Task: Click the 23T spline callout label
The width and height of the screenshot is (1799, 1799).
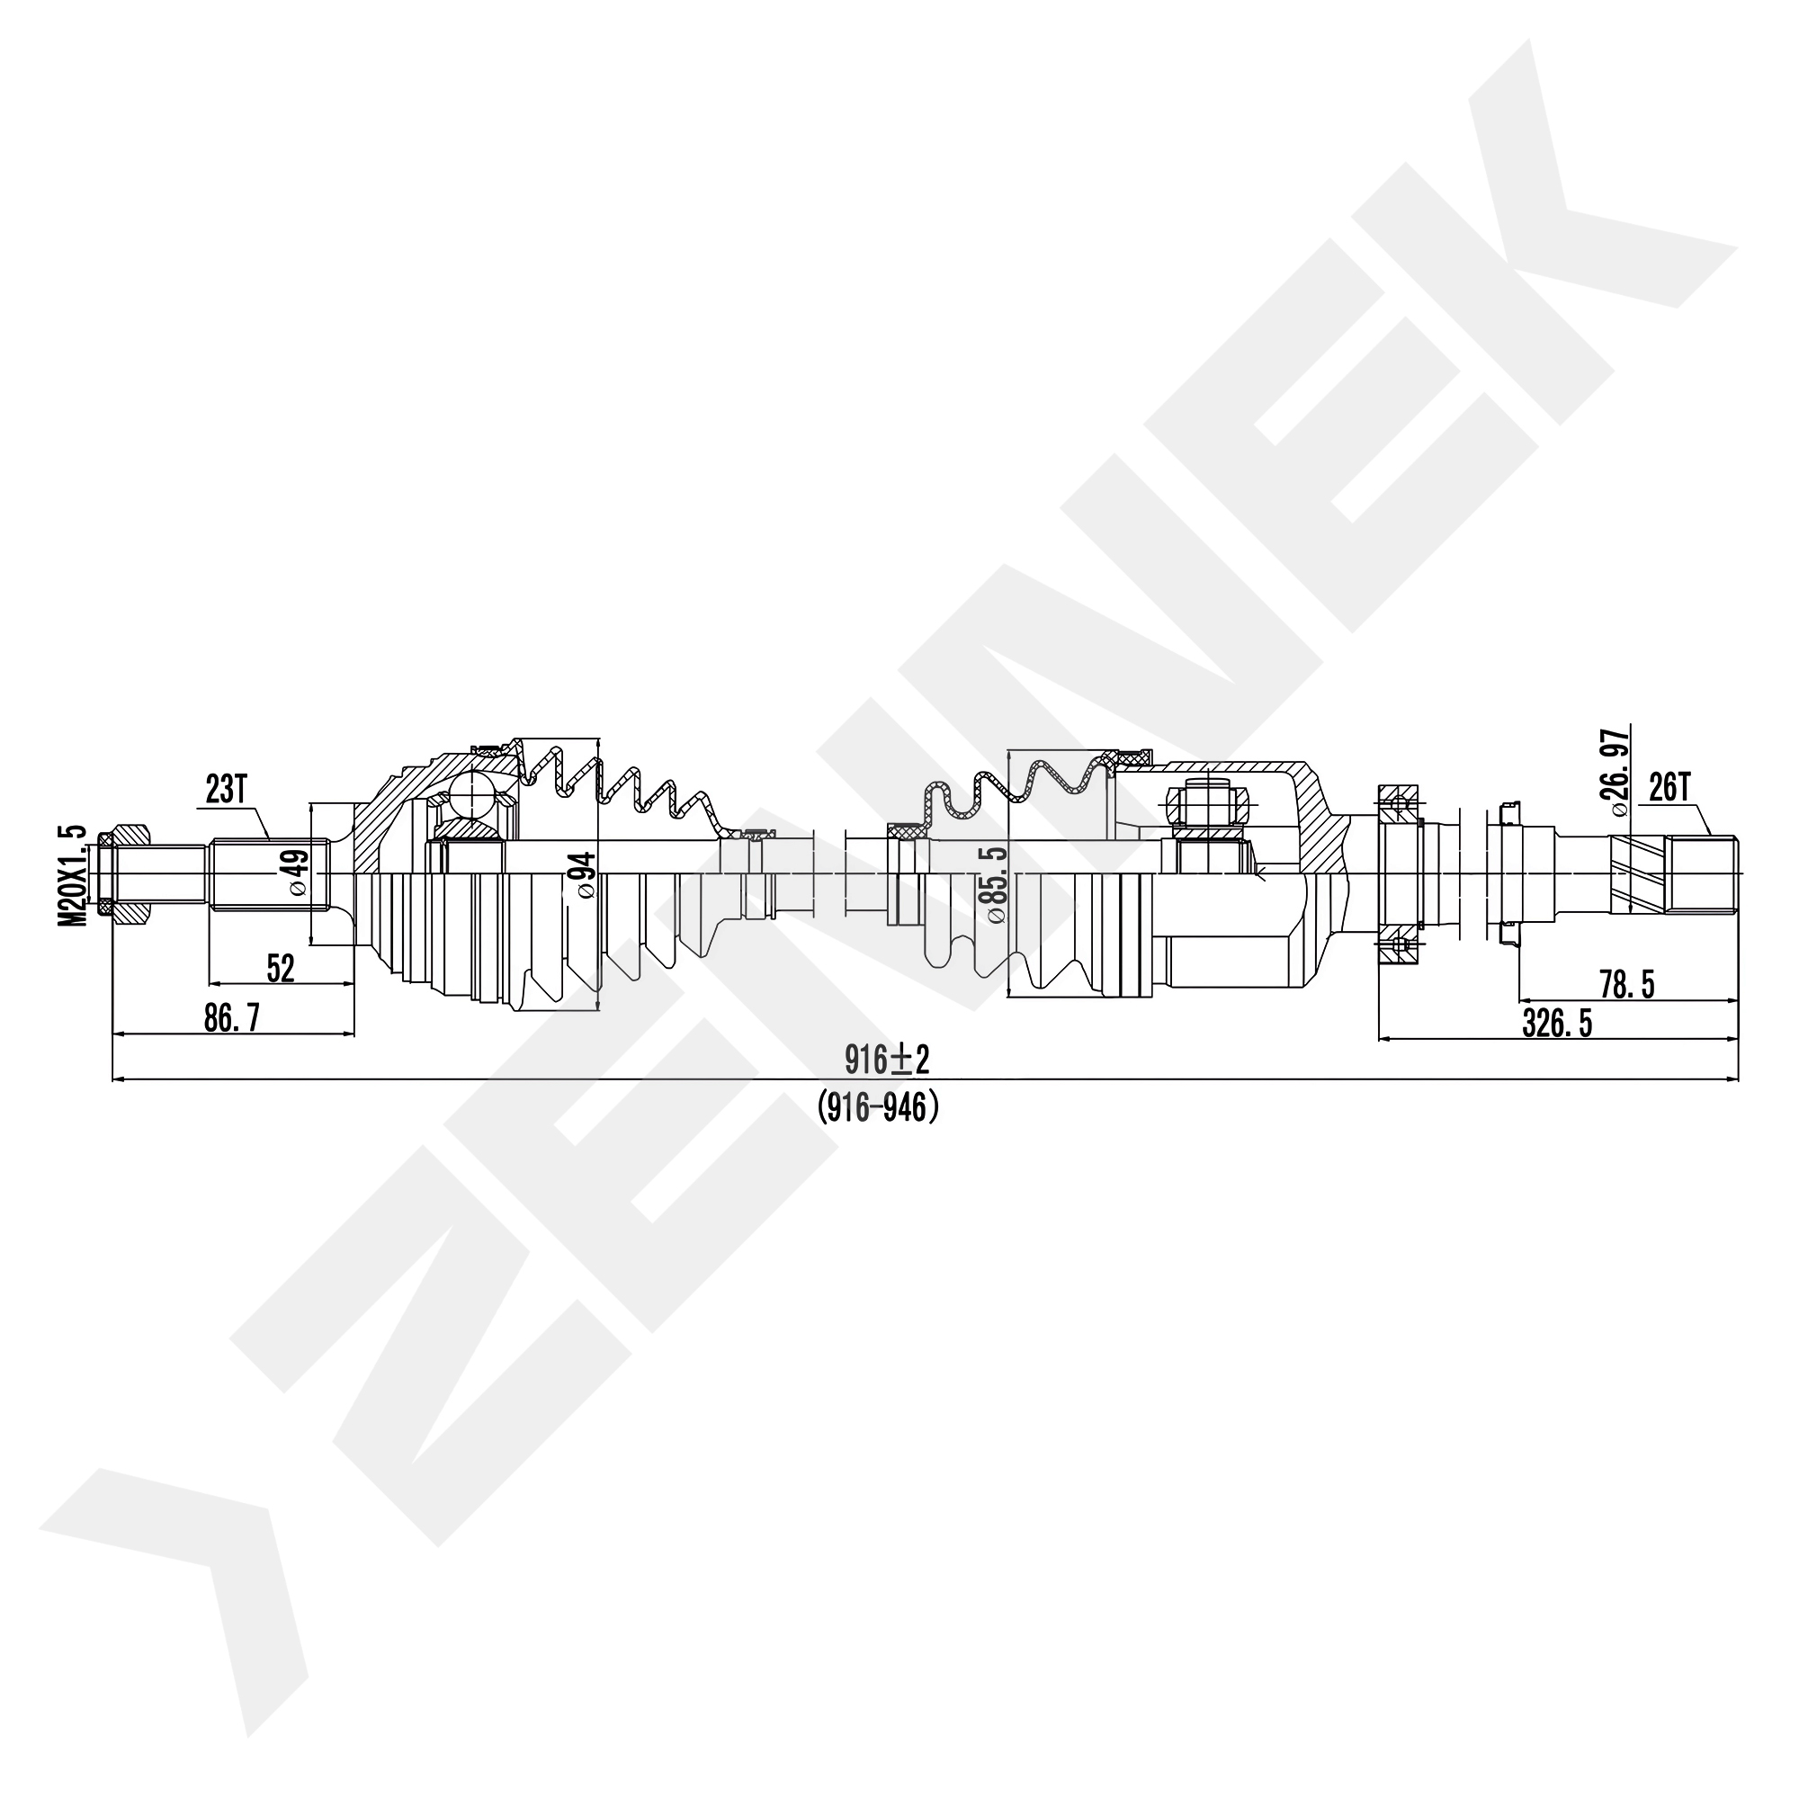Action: [x=227, y=791]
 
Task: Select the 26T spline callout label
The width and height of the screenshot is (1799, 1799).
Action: [x=1670, y=789]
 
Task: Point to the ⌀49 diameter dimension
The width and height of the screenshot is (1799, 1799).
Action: [x=297, y=873]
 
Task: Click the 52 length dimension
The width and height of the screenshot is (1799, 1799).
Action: [x=281, y=969]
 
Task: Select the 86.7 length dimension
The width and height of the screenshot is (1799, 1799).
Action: [x=232, y=1019]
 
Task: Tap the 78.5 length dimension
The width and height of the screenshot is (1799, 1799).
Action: [x=1626, y=985]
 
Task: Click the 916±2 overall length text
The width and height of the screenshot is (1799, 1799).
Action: [x=888, y=1059]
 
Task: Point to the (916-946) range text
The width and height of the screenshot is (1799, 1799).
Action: [x=878, y=1108]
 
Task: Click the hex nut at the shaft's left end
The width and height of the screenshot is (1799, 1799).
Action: [x=125, y=873]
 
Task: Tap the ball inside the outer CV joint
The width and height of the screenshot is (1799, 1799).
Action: [x=471, y=797]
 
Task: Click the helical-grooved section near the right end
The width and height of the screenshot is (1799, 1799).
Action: [x=1637, y=873]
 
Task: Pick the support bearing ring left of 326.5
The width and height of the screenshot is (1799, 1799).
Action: [x=1399, y=874]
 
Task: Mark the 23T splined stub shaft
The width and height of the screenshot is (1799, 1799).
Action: [x=269, y=873]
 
